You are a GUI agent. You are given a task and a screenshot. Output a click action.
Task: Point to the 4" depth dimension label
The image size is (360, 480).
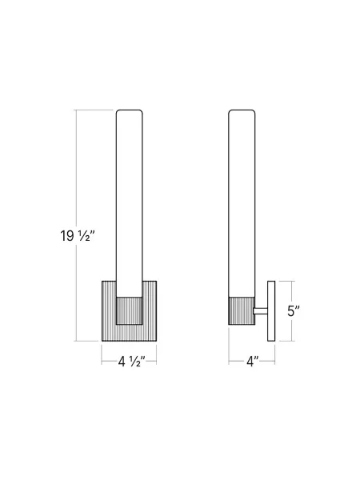tap(253, 361)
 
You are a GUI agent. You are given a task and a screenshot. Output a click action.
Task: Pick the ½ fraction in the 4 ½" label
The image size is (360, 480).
tap(138, 361)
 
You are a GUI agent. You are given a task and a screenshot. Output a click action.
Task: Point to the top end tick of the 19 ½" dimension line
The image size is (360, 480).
tap(78, 110)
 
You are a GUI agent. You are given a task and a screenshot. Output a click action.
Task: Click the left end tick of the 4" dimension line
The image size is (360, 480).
tap(229, 361)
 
